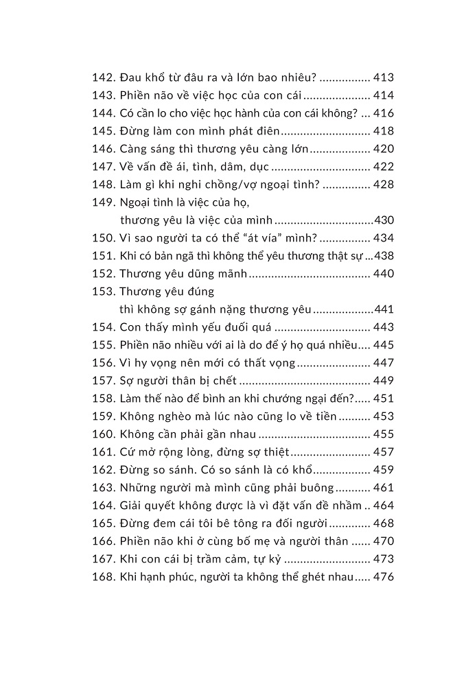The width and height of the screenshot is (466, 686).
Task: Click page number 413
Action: pos(383,78)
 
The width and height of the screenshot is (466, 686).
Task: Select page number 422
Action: pos(383,167)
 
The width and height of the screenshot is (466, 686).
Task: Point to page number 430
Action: pos(383,220)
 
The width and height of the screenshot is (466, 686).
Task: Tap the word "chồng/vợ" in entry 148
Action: pos(233,185)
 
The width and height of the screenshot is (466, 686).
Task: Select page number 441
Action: pos(383,309)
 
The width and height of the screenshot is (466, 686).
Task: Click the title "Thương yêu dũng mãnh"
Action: pos(182,274)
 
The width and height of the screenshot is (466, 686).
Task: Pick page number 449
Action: pos(383,381)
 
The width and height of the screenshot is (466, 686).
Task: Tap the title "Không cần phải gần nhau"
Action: pos(187,434)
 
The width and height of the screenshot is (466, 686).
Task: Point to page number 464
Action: pos(383,506)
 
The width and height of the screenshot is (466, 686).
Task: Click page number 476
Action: pos(383,577)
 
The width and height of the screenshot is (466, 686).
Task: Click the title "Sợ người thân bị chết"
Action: pos(178,381)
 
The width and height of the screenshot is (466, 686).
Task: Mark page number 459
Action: pos(383,470)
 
